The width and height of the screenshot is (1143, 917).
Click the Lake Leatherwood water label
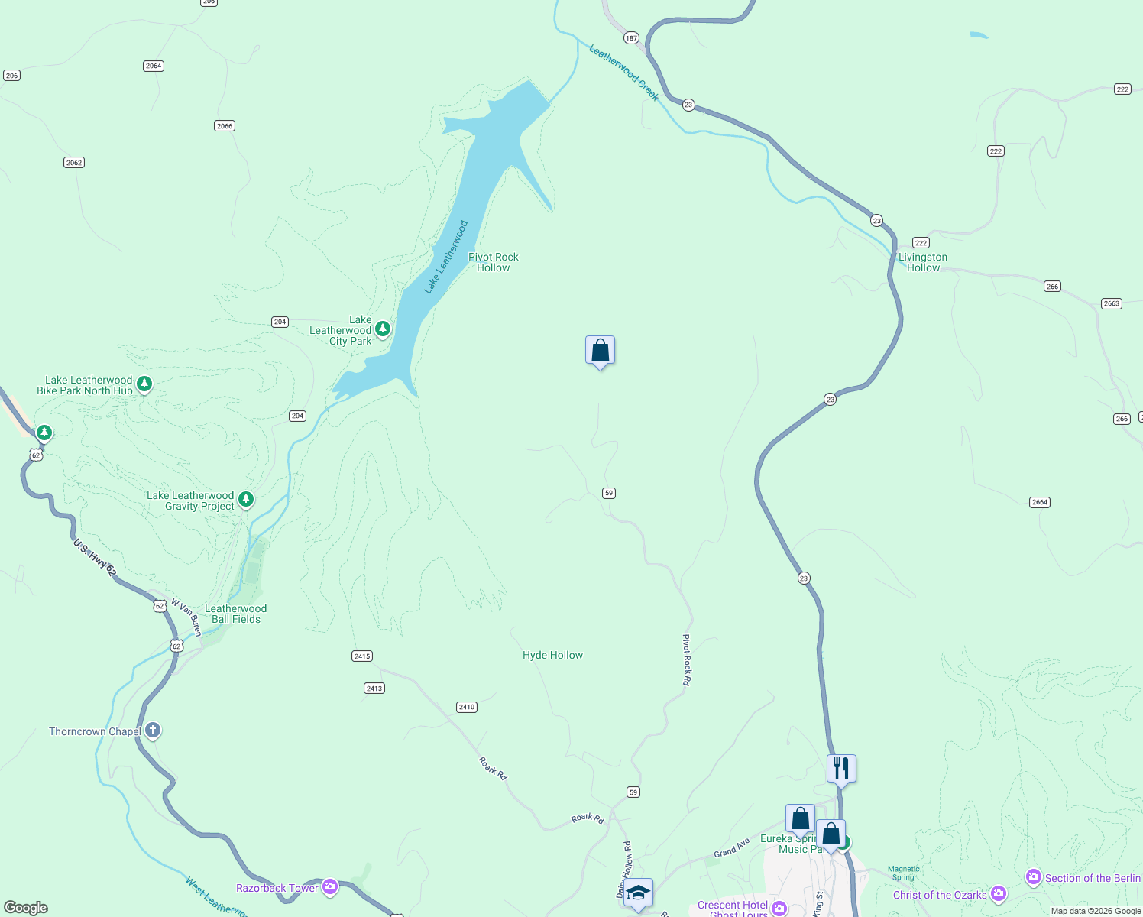point(446,257)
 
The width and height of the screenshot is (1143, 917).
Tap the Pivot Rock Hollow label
point(493,262)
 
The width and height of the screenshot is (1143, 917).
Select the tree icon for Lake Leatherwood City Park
point(383,329)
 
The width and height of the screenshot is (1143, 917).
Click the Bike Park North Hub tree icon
point(144,384)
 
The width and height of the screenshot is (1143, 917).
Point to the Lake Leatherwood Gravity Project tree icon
point(245,500)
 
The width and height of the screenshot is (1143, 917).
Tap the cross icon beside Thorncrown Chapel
point(153,731)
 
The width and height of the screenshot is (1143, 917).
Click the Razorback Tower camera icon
point(330,887)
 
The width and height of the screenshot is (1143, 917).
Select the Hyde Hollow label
point(552,655)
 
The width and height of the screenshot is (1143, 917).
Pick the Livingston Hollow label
point(923,262)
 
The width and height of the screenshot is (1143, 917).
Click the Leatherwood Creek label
point(623,73)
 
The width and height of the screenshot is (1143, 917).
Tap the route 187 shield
point(631,37)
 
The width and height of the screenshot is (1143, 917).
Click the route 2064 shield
point(154,66)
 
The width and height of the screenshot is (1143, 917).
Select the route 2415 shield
point(362,656)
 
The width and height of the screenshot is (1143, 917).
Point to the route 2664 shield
point(1039,502)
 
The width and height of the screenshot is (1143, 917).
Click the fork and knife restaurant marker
point(841,768)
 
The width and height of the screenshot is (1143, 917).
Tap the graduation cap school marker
point(638,892)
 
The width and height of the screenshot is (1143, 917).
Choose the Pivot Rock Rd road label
point(686,659)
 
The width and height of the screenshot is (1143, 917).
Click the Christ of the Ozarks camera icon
point(998,893)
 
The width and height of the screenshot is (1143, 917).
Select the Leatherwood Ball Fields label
point(236,614)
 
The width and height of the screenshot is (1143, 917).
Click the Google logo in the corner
point(26,908)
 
